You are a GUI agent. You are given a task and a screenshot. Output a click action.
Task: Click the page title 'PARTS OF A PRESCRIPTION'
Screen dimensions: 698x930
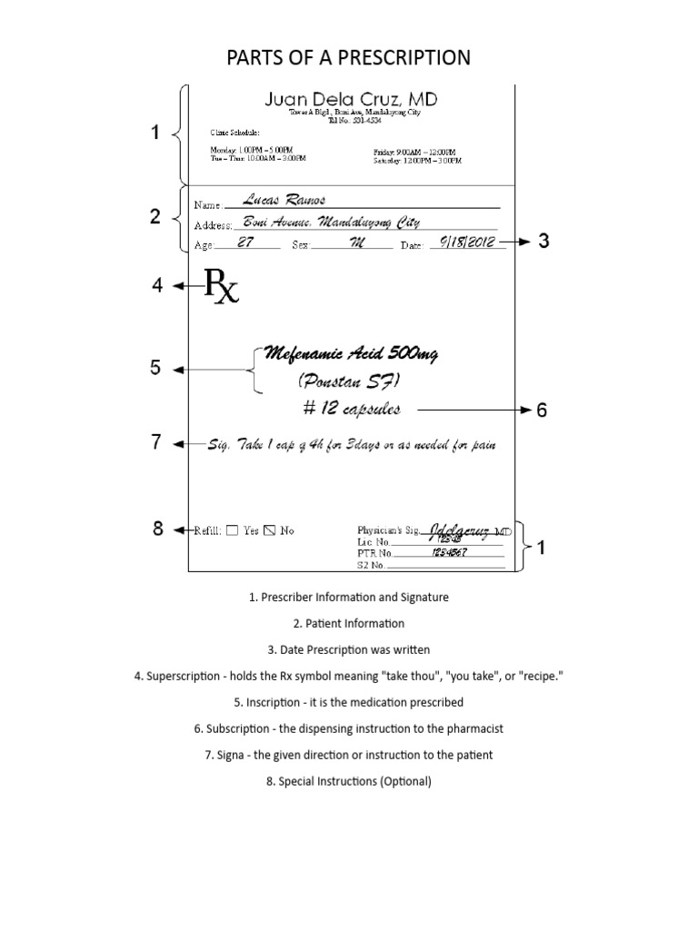point(348,58)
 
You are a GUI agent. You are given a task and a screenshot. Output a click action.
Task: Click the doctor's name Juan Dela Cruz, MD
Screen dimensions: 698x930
point(349,98)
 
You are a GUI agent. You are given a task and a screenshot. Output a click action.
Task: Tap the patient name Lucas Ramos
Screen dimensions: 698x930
point(285,200)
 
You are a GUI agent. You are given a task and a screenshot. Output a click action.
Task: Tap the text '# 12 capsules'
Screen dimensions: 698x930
point(348,410)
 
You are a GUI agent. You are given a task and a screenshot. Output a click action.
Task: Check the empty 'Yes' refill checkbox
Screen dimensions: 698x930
point(232,530)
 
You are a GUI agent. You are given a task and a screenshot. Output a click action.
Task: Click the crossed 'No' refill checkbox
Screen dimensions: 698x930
point(269,530)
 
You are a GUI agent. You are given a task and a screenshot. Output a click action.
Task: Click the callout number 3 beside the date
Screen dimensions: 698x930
point(543,242)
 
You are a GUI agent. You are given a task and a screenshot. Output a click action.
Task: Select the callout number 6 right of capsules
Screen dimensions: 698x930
point(542,411)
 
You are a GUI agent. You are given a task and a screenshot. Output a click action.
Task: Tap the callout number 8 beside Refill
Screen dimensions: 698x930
point(158,529)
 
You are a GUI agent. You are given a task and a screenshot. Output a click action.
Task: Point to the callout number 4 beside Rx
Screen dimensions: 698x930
point(158,286)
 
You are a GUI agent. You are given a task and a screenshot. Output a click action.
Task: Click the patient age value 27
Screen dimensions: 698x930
point(245,242)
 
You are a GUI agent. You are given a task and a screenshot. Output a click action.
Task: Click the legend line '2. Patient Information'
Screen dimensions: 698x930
point(348,623)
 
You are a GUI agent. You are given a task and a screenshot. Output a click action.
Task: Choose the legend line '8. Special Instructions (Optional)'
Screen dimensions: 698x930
point(348,781)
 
